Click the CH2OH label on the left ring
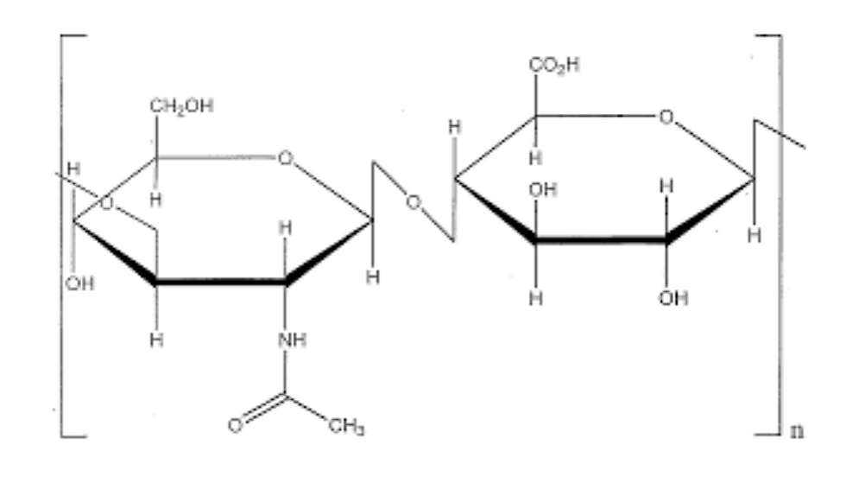coord(182,105)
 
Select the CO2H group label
coord(554,66)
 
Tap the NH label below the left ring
coord(293,340)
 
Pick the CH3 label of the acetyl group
coord(346,427)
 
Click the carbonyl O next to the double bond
coord(235,426)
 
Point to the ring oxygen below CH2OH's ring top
coord(286,158)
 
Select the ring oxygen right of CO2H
coord(666,117)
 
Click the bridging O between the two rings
coord(413,203)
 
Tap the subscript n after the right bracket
coord(797,431)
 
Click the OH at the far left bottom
coord(79,283)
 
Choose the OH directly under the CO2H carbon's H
coord(543,190)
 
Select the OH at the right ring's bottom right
coord(673,298)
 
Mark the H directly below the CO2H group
coord(535,158)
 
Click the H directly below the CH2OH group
coord(155,200)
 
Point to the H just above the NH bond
coord(286,228)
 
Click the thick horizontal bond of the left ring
coord(221,281)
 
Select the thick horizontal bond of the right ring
coord(601,239)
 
